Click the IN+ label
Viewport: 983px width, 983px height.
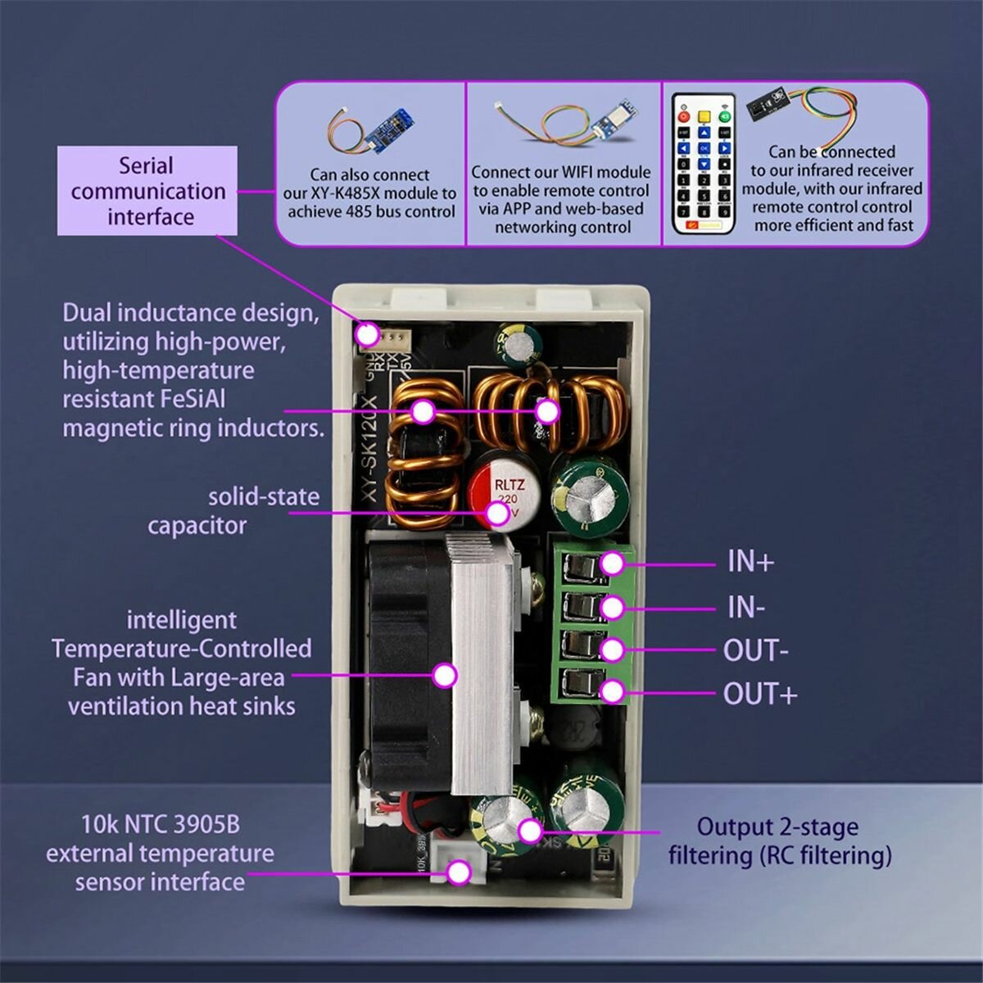click(x=750, y=562)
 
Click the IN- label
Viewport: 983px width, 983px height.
click(x=745, y=607)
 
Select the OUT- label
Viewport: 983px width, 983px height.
click(x=755, y=650)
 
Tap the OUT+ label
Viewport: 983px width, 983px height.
click(x=759, y=694)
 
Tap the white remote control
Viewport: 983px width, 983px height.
click(x=703, y=164)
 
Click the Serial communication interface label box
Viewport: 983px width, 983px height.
click(x=147, y=191)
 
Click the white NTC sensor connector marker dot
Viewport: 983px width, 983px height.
click(x=460, y=872)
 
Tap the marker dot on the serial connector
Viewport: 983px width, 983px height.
click(x=367, y=333)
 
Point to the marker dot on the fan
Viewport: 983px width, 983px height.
click(x=444, y=676)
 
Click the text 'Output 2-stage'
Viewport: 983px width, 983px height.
click(x=777, y=827)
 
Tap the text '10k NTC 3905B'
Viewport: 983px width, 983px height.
click(x=161, y=823)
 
